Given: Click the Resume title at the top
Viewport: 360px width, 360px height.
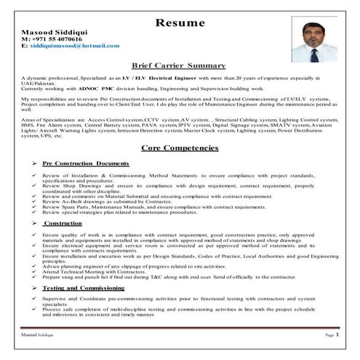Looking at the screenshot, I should click(x=180, y=23).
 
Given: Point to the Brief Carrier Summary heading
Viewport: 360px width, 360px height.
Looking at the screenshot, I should click(x=179, y=65).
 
